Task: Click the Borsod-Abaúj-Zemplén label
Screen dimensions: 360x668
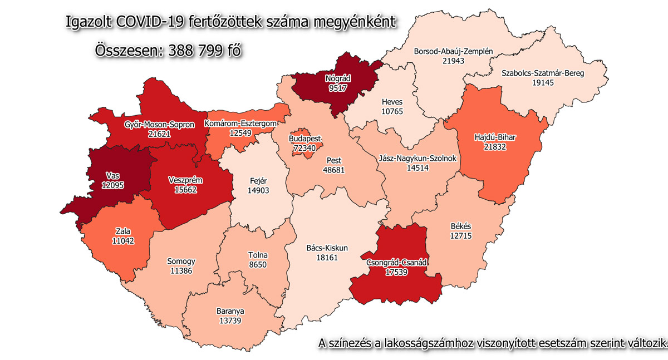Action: click(454, 52)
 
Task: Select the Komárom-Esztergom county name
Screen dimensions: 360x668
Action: click(240, 123)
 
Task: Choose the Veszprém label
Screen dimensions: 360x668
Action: click(185, 180)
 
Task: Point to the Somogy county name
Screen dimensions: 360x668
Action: click(181, 261)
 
